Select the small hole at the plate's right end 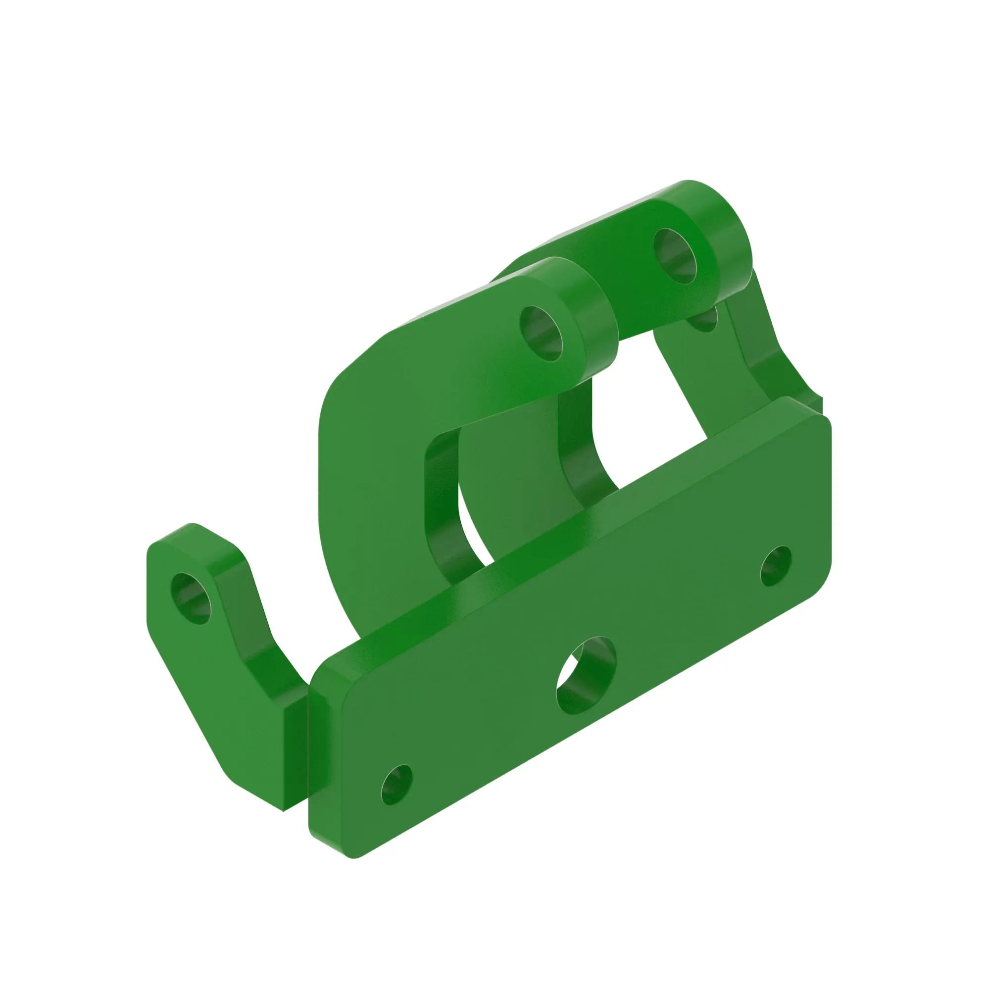[776, 566]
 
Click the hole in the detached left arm [191, 598]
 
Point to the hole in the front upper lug [541, 333]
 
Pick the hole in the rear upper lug [676, 256]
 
